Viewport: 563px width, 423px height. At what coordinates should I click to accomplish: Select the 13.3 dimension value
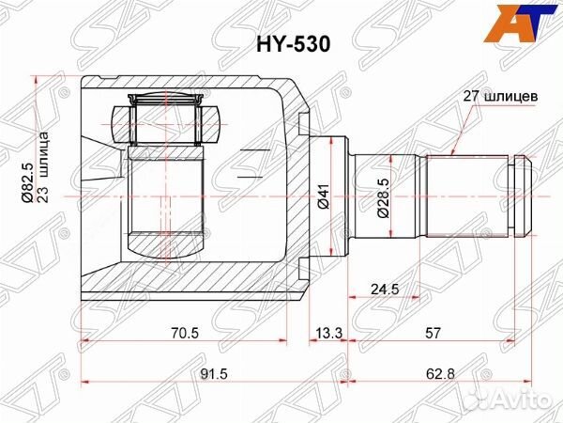[328, 333]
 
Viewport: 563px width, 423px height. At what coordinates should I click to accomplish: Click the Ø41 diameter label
[321, 196]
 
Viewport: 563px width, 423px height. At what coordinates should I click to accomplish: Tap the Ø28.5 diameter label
[382, 198]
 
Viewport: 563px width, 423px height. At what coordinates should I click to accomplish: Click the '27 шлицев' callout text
[500, 96]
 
